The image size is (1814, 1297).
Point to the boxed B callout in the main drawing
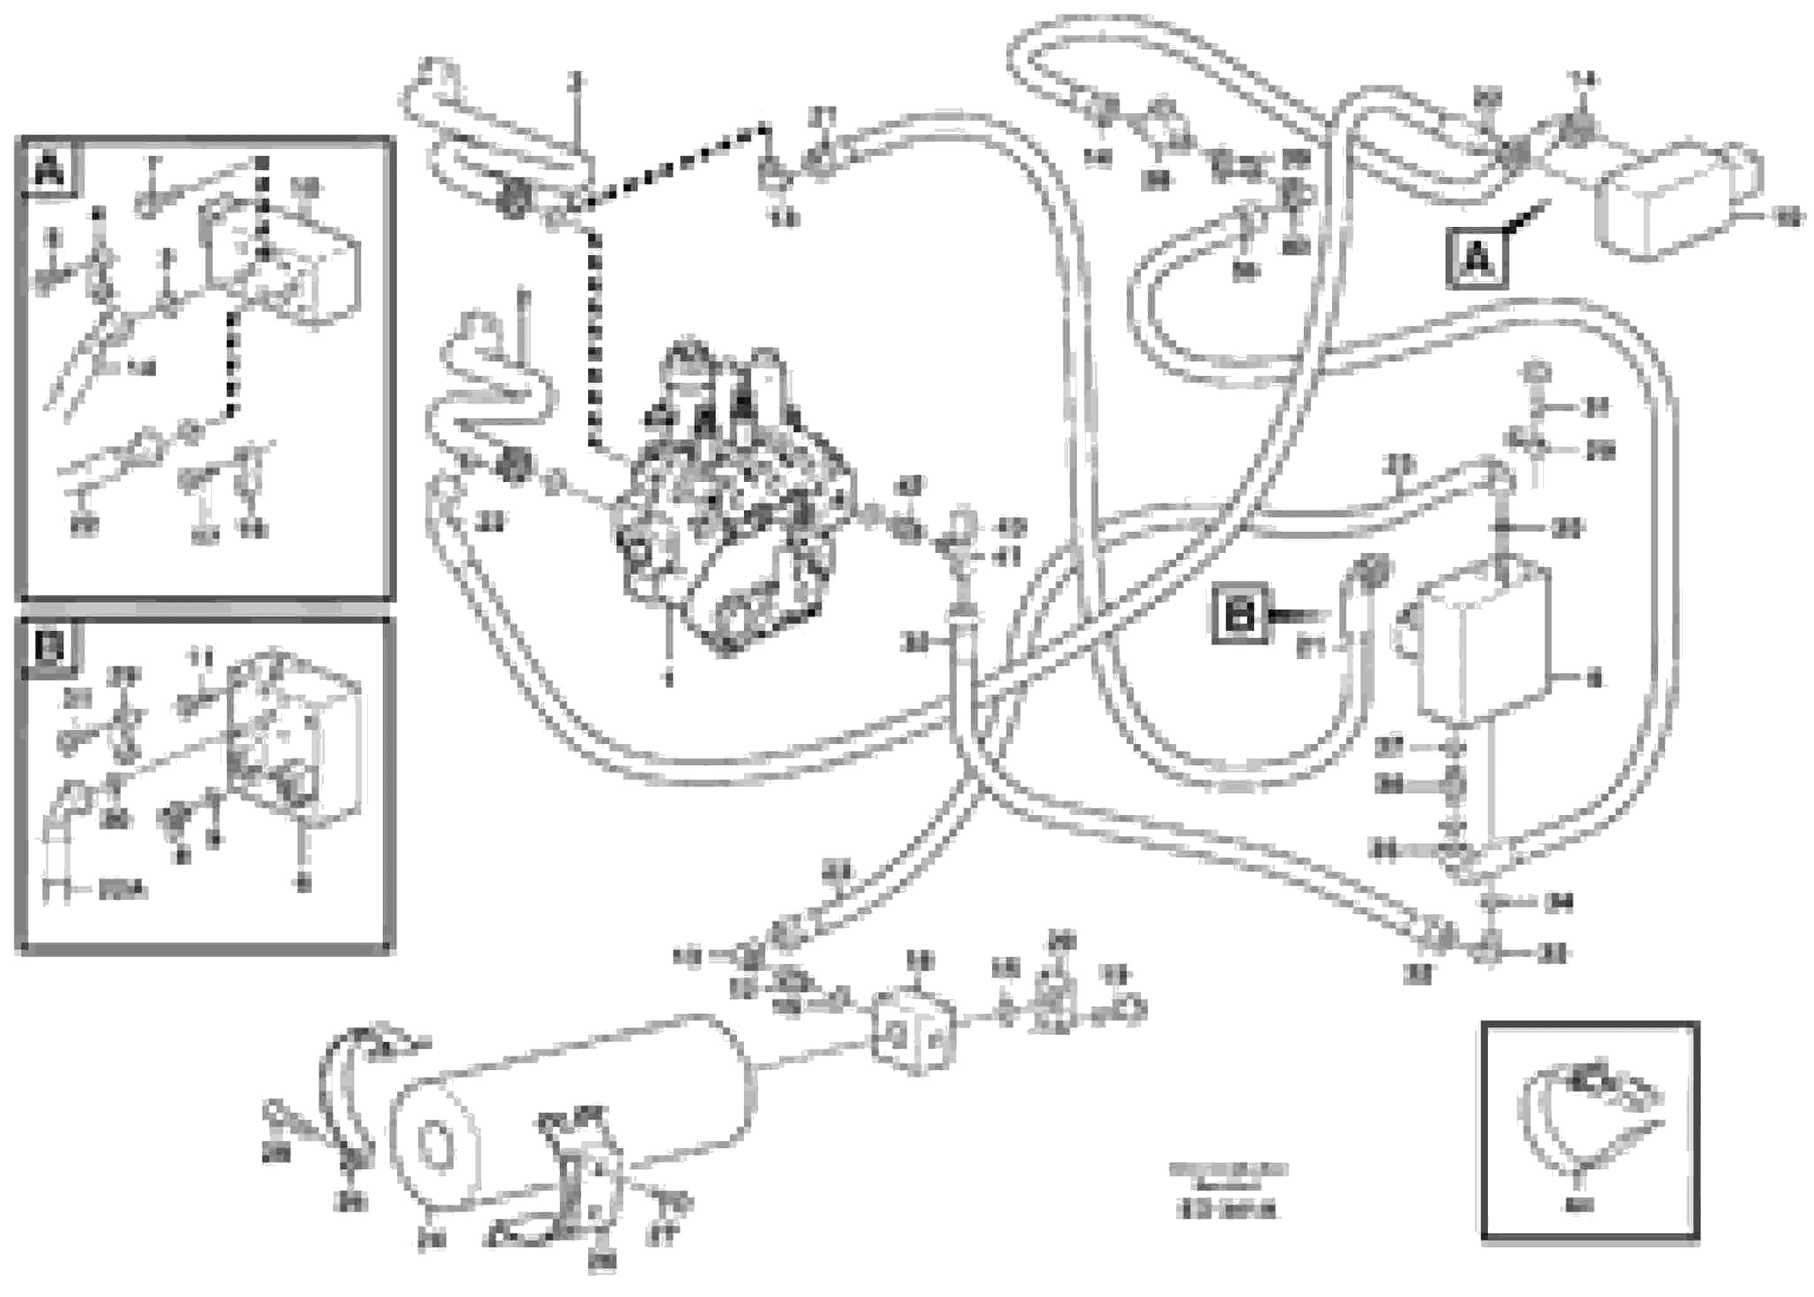(x=1239, y=613)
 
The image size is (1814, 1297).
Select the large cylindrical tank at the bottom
(x=571, y=1110)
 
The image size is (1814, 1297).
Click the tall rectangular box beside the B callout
(x=1482, y=643)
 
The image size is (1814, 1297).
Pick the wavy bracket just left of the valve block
(x=495, y=391)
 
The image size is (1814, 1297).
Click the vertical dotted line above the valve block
(x=593, y=336)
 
